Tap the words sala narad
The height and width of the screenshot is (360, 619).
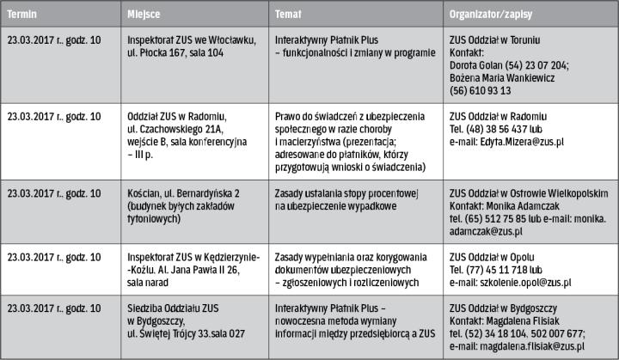[147, 280]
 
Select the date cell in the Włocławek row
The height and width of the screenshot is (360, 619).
[53, 40]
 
